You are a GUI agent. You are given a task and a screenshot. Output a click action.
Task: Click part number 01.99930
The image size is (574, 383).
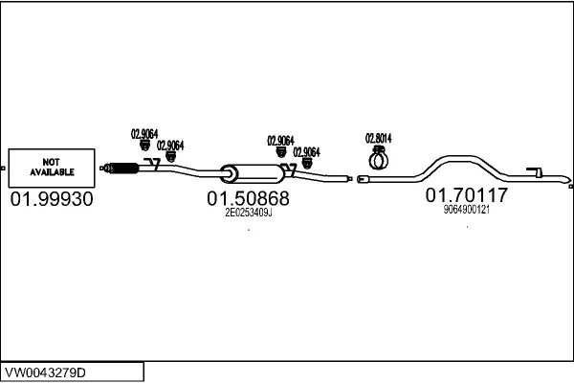pyautogui.click(x=52, y=199)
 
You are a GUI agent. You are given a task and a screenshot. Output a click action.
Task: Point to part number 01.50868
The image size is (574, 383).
pyautogui.click(x=248, y=199)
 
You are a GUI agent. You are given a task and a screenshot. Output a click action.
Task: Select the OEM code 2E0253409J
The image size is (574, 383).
pyautogui.click(x=248, y=214)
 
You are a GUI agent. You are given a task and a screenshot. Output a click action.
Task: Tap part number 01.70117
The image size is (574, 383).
pyautogui.click(x=466, y=195)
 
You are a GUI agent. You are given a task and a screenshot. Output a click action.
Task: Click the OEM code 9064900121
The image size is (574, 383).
pyautogui.click(x=466, y=210)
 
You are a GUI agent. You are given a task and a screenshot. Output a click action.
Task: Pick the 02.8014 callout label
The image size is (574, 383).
pyautogui.click(x=379, y=137)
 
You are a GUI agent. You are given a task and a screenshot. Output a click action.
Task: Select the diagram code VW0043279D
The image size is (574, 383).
pyautogui.click(x=57, y=371)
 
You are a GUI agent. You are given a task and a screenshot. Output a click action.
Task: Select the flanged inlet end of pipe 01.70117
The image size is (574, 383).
pyautogui.click(x=363, y=179)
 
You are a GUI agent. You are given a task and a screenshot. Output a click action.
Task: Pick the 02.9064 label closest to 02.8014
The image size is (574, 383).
pyautogui.click(x=306, y=151)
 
